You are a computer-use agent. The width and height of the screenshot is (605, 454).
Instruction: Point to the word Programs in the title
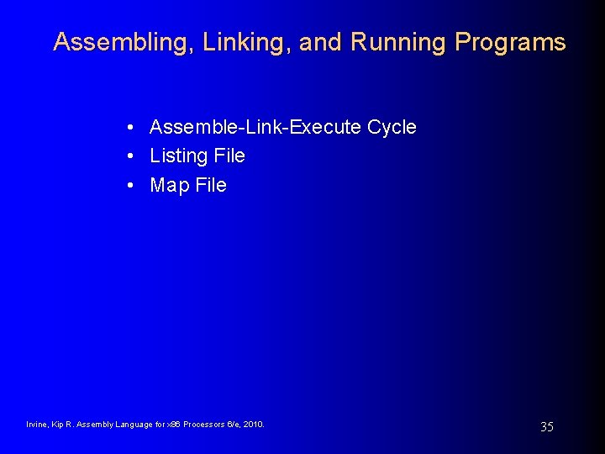[x=510, y=42]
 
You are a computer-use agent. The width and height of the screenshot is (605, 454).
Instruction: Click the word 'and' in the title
[x=320, y=42]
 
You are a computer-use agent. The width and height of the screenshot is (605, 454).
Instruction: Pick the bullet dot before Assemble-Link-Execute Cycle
[x=133, y=128]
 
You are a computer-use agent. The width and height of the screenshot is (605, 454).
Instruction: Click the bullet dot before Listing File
[x=133, y=156]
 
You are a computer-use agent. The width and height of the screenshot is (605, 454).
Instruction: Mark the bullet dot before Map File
[x=133, y=185]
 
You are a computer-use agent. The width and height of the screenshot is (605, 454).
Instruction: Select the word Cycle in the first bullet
[x=392, y=127]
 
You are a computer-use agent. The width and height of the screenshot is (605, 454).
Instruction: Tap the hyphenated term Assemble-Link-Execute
[x=255, y=127]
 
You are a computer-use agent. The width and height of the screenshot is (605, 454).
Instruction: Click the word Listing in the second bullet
[x=178, y=156]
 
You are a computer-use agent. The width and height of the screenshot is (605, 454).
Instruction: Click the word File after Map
[x=211, y=185]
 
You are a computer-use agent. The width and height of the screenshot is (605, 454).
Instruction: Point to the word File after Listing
[x=229, y=156]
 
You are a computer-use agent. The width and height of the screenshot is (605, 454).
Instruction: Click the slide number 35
[x=546, y=427]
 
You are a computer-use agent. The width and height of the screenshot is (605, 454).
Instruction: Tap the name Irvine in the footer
[x=38, y=425]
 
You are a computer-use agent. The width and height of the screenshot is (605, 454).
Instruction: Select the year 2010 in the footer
[x=253, y=425]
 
